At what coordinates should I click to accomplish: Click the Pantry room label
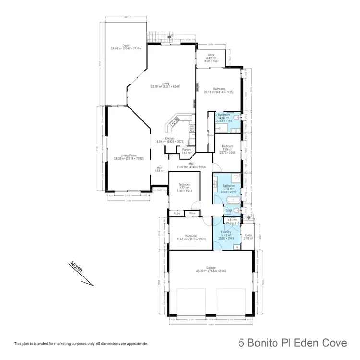(x=186, y=151)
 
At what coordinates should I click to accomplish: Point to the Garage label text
(x=211, y=268)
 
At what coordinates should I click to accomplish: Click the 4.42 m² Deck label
(x=211, y=58)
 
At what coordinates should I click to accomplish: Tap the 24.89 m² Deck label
(x=126, y=47)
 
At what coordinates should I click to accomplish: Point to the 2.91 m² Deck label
(x=248, y=237)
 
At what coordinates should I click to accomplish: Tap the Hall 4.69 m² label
(x=159, y=169)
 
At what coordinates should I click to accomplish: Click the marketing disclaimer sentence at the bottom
(x=81, y=344)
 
